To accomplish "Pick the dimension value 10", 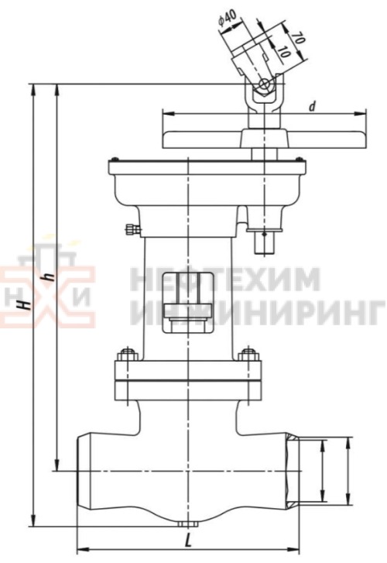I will tap(284, 53).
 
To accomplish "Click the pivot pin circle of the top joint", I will tap(265, 84).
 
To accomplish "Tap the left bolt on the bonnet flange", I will tap(122, 358).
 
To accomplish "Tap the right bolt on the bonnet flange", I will tap(248, 357).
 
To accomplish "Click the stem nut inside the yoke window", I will tap(187, 297).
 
